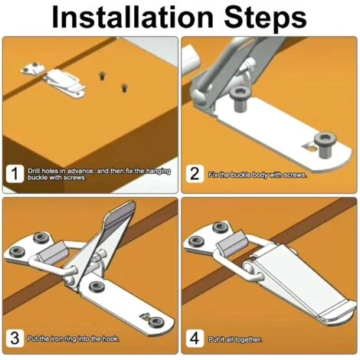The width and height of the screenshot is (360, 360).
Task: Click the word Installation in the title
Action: pos(133,17)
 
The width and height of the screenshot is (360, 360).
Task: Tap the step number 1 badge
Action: pos(15,174)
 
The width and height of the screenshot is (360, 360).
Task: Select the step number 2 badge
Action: pos(195,174)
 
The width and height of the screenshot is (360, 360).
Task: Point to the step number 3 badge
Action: pos(15,338)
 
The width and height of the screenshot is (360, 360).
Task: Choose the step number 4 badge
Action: pos(195,338)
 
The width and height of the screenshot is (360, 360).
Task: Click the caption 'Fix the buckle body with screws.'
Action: pos(257,175)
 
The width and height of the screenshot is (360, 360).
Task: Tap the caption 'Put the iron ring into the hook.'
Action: pos(74,339)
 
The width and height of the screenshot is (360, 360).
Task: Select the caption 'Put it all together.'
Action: pos(235,339)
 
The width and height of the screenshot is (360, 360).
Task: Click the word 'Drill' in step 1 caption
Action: pos(34,171)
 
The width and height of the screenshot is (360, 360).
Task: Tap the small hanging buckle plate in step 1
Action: pos(34,68)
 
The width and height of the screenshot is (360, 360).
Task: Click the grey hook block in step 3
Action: pos(53,253)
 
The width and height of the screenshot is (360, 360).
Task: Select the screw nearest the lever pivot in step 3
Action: pos(97,286)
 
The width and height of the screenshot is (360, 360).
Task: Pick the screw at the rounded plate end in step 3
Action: pos(155,322)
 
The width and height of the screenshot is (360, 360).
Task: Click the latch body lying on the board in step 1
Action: pos(65,83)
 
